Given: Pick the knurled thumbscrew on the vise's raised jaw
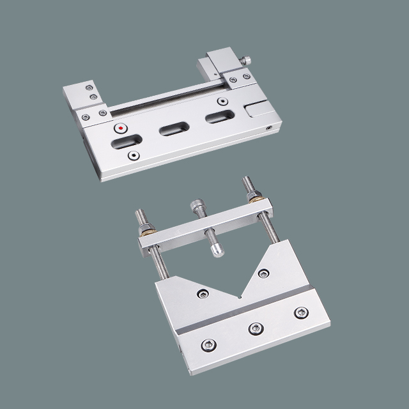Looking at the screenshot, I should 246,61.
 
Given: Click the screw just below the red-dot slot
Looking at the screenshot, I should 133,155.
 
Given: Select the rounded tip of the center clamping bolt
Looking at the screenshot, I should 218,251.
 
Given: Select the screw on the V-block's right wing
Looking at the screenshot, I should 263,274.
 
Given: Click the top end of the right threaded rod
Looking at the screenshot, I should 245,181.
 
